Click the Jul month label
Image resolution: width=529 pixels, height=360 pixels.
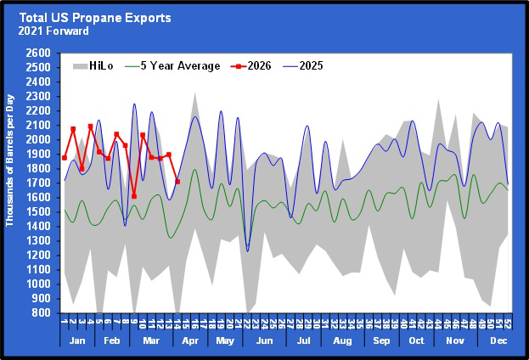[x=303, y=340]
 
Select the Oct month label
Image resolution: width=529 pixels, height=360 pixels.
[x=417, y=340]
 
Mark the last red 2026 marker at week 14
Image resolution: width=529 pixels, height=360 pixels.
[x=177, y=181]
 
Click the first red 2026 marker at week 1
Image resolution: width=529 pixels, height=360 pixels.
[x=65, y=157]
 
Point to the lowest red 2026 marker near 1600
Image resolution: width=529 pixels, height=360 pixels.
[x=134, y=196]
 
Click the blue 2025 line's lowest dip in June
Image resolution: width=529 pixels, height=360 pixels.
[x=248, y=250]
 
